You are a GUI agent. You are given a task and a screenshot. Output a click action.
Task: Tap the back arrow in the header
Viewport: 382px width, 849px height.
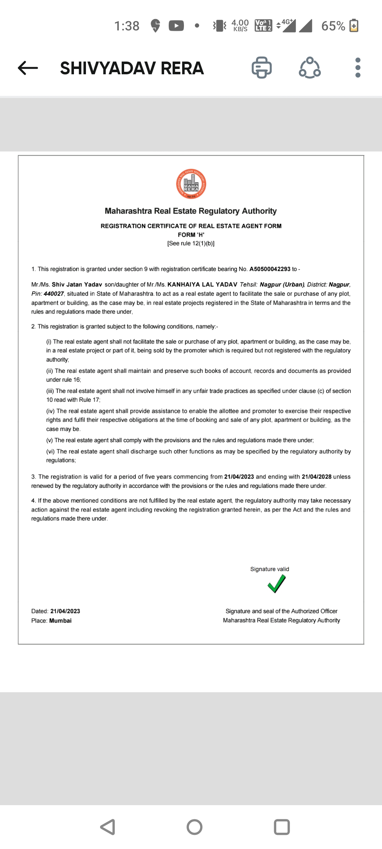(x=28, y=68)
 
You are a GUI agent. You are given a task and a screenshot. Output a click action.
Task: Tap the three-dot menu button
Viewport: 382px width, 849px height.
(x=358, y=68)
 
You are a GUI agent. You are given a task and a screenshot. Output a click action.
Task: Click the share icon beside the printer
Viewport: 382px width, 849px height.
(x=310, y=68)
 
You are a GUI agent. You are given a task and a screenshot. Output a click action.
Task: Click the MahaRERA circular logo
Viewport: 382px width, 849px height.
(x=191, y=184)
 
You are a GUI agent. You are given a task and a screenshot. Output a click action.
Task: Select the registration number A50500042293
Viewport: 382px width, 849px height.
(x=270, y=269)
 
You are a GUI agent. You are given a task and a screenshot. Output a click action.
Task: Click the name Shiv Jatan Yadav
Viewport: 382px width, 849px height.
(x=77, y=284)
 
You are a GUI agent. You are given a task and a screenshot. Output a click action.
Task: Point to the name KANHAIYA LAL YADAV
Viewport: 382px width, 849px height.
(x=202, y=284)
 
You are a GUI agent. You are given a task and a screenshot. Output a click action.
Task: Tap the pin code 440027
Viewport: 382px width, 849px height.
(x=54, y=294)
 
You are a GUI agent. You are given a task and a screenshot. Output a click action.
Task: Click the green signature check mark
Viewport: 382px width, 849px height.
(x=277, y=584)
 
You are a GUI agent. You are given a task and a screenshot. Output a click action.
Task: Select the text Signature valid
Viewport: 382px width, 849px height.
(x=270, y=569)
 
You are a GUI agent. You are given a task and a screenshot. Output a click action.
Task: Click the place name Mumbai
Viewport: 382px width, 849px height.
(x=60, y=621)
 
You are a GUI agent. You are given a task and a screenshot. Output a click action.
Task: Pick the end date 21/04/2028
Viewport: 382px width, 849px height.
(x=317, y=477)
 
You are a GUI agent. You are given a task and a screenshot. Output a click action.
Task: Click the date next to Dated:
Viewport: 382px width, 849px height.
(x=65, y=611)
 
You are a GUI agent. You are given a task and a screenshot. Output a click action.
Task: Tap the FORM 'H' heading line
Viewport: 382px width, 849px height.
(x=191, y=235)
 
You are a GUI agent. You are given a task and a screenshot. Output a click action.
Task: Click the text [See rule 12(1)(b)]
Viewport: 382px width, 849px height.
(x=191, y=243)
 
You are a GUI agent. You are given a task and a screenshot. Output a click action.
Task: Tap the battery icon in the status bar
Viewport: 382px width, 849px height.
(x=354, y=26)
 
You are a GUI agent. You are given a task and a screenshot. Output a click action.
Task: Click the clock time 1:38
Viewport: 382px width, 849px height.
(x=127, y=26)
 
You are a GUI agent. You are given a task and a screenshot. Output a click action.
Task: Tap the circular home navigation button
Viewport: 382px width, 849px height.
(x=195, y=827)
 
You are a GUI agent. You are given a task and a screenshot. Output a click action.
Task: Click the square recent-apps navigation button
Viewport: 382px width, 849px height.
(x=282, y=827)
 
